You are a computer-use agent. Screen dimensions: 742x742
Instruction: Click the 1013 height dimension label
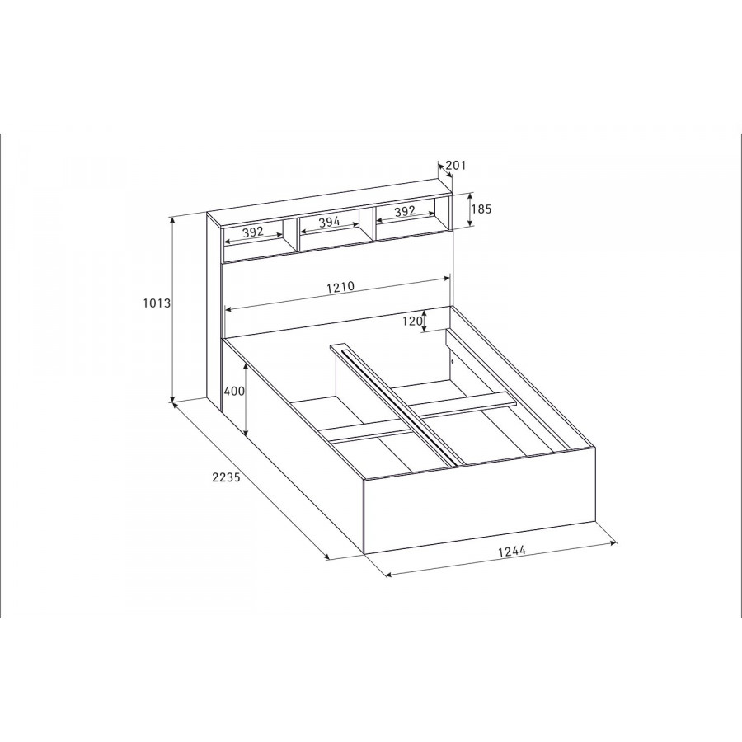pyautogui.click(x=157, y=303)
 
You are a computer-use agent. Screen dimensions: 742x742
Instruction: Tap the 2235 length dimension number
pyautogui.click(x=226, y=477)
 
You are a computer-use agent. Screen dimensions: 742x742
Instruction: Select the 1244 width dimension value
pyautogui.click(x=512, y=551)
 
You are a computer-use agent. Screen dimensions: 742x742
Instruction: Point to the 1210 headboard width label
pyautogui.click(x=340, y=287)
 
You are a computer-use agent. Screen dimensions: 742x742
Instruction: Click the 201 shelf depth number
pyautogui.click(x=456, y=165)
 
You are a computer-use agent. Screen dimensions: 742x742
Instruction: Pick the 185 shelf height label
pyautogui.click(x=482, y=209)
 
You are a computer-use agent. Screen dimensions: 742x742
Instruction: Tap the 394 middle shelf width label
pyautogui.click(x=329, y=222)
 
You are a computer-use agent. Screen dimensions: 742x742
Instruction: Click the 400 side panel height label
pyautogui.click(x=234, y=392)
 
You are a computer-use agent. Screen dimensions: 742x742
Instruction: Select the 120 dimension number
pyautogui.click(x=412, y=322)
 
